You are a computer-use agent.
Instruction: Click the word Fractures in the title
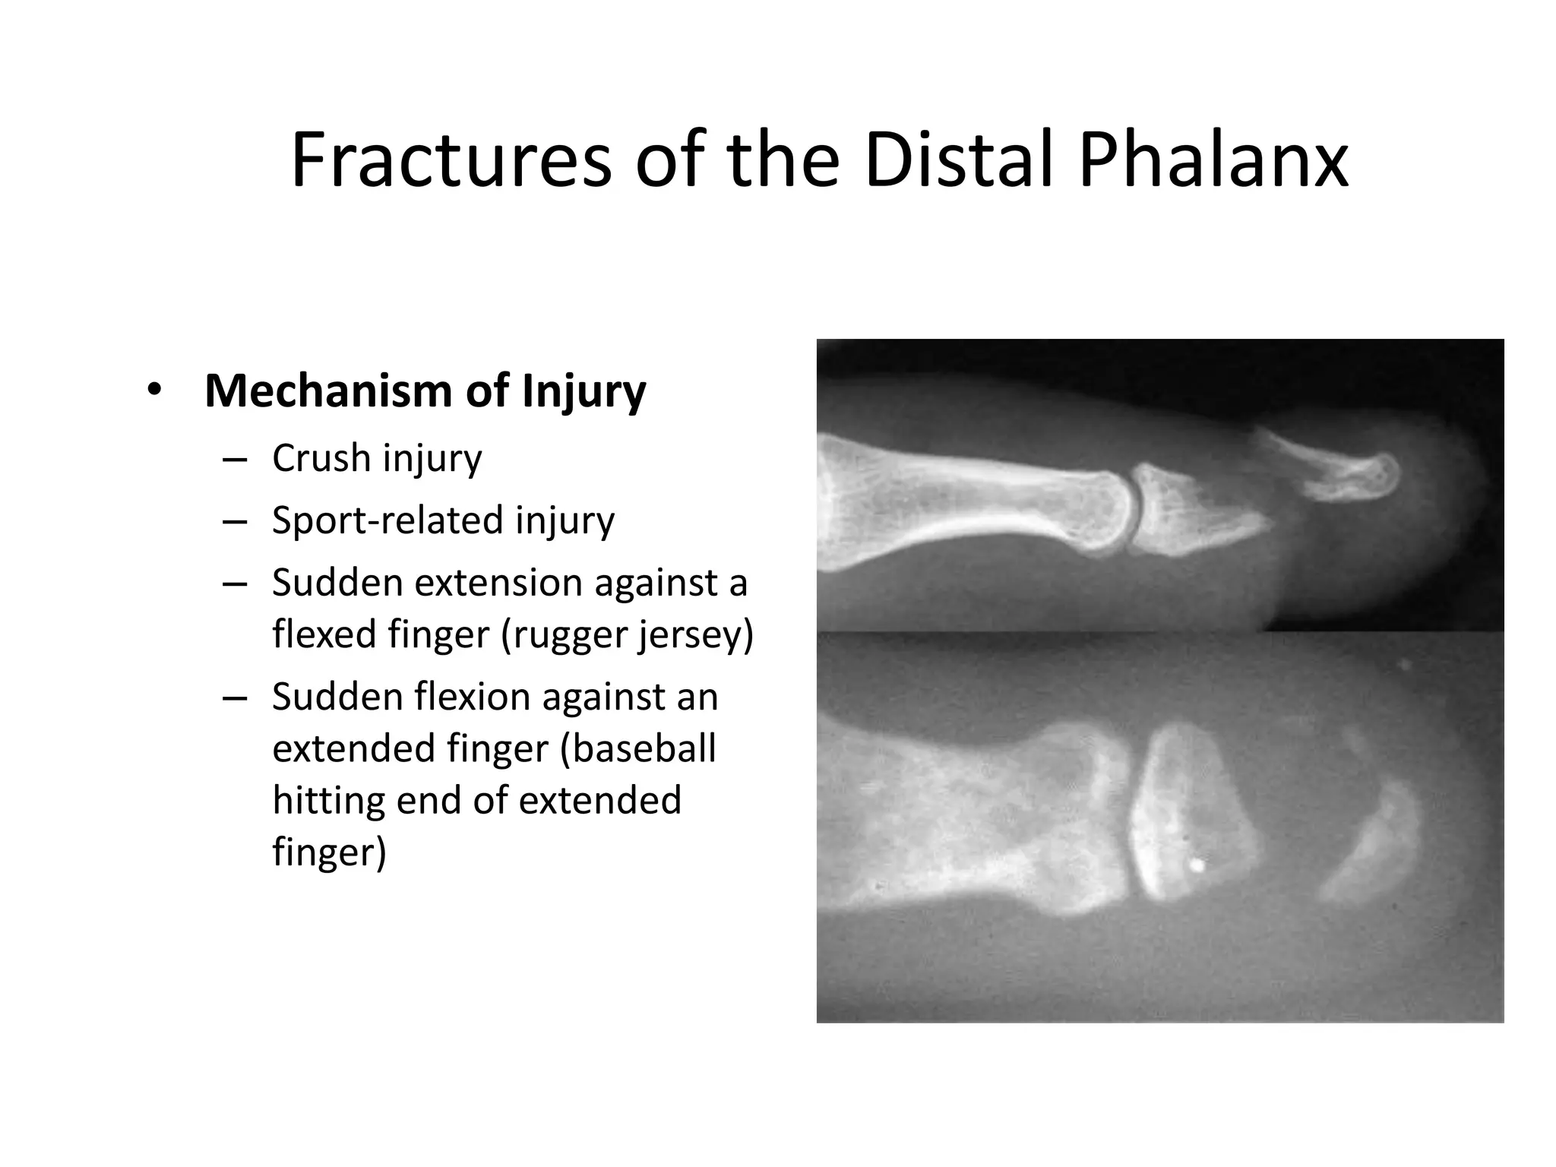click(451, 161)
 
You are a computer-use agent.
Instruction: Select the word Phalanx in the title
click(1213, 161)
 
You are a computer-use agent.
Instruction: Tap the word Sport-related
click(387, 521)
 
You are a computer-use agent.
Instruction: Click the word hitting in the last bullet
click(328, 801)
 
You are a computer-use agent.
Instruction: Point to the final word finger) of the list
click(329, 852)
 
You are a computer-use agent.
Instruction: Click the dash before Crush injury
click(235, 460)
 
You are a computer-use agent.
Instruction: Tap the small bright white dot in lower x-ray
click(1198, 865)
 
